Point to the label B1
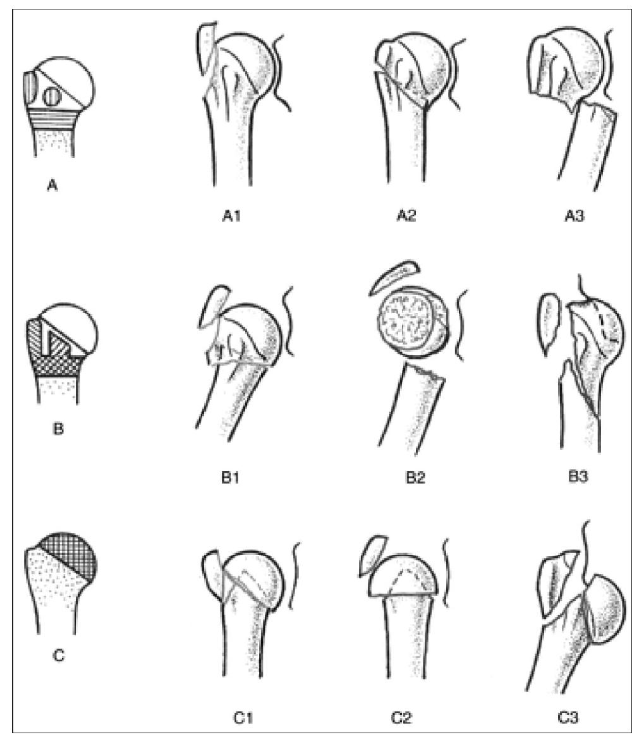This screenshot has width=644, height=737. click(231, 478)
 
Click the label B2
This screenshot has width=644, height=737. click(415, 478)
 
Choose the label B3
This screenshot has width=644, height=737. click(578, 477)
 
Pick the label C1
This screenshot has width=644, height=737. click(243, 718)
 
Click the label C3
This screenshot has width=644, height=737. click(567, 718)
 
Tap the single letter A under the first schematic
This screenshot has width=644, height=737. click(52, 186)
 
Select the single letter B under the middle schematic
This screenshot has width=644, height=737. click(58, 429)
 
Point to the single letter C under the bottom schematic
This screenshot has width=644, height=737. click(59, 655)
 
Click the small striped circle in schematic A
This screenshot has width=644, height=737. click(51, 97)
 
